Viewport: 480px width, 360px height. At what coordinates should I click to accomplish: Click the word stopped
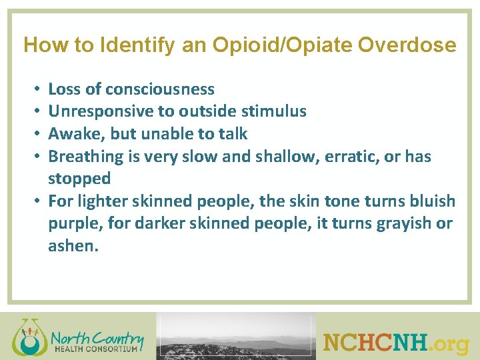point(79,179)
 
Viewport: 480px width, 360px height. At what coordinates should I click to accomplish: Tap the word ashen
point(73,246)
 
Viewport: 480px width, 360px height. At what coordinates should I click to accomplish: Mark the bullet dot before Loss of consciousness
point(39,89)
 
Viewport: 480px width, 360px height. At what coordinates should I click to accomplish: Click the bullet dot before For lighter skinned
point(39,201)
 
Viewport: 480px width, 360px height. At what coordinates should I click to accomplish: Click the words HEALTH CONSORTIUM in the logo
point(96,348)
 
